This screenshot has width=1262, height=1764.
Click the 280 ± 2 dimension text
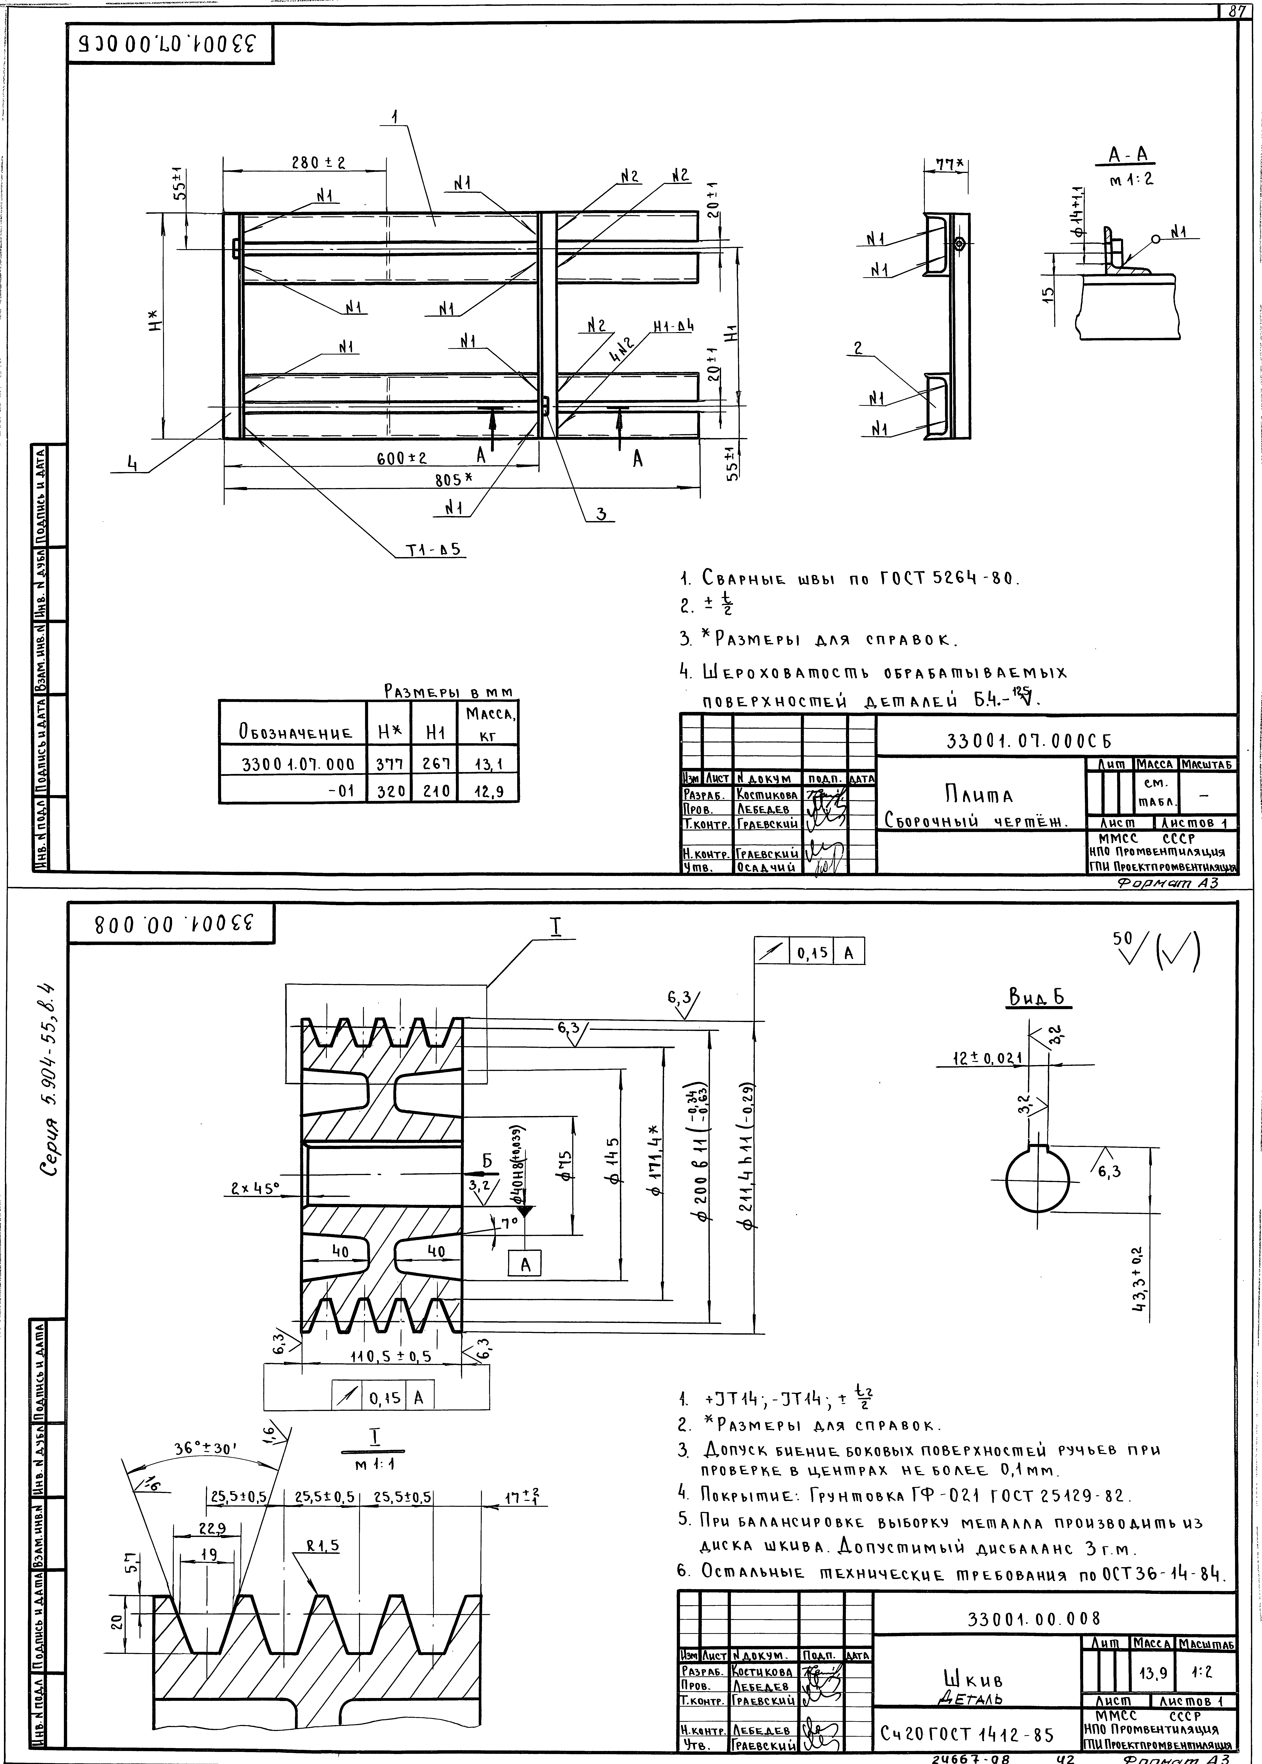[x=319, y=163]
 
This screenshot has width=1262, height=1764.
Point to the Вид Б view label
[x=1039, y=997]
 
